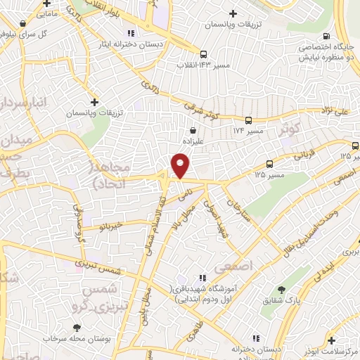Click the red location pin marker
click(x=181, y=167)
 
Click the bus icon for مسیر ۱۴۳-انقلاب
click(x=202, y=54)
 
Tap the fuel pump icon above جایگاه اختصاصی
click(x=325, y=37)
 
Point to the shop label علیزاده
click(x=193, y=140)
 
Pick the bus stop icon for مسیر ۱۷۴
click(x=248, y=121)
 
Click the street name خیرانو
click(x=111, y=226)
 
